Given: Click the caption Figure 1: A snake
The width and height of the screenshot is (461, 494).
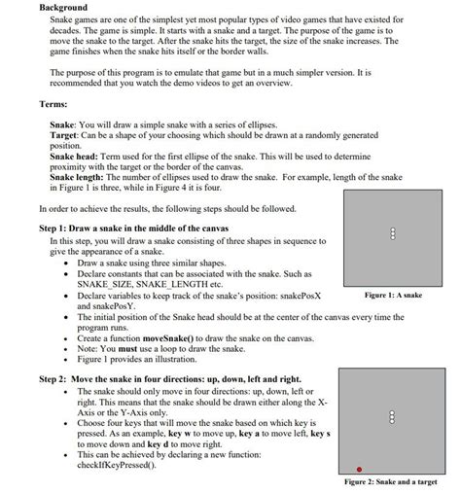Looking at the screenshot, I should tap(392, 295).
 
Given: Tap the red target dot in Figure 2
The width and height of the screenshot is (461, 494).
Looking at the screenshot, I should tap(359, 469).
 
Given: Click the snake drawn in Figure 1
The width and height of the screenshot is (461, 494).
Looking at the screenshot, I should tap(390, 232).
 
